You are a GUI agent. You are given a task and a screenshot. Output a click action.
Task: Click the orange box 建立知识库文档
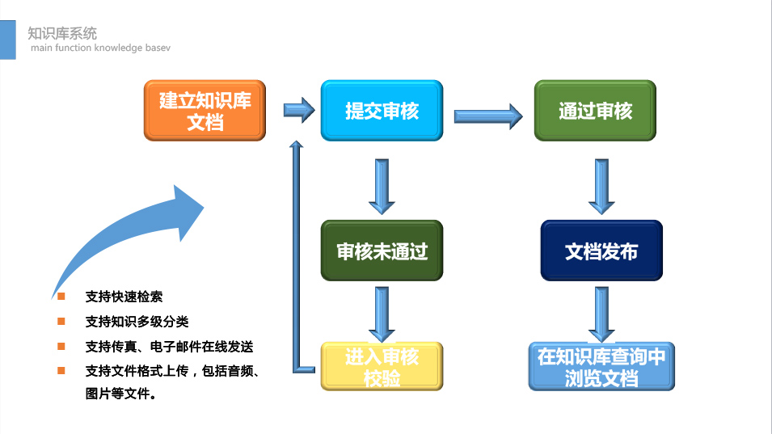coord(205,111)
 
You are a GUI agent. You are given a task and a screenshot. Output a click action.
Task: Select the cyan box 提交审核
coord(382,111)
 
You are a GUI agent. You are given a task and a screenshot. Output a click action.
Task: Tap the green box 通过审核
coord(595,111)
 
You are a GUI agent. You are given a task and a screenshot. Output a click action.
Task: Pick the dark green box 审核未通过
coord(382,251)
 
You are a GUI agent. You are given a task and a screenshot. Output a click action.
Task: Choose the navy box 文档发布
coord(601,251)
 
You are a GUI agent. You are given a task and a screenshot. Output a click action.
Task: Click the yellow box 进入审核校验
coord(382,367)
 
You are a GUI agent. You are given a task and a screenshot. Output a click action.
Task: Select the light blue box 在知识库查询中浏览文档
coord(601,367)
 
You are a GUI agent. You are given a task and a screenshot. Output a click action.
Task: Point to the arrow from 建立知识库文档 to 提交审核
coord(299,110)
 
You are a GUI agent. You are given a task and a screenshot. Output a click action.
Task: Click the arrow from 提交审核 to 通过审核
coord(488,116)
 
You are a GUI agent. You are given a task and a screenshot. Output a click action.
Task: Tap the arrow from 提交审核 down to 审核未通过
coord(382,187)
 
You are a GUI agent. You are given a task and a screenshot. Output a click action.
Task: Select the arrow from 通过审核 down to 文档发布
coord(601,187)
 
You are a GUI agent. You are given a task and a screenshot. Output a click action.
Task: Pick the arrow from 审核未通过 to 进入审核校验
coord(382,314)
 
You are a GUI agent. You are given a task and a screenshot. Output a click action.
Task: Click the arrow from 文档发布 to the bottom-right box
coord(601,314)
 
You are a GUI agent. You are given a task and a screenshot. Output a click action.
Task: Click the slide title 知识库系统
coord(62,33)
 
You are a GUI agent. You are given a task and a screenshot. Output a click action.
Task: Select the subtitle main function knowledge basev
coord(100,48)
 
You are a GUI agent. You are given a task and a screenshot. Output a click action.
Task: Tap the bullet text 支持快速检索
coord(124,297)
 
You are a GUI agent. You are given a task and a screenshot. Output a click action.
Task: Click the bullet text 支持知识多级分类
coord(137,322)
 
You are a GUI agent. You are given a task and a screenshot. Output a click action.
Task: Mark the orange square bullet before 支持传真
coord(61,347)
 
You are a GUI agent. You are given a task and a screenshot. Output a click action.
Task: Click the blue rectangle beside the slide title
coord(8,40)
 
